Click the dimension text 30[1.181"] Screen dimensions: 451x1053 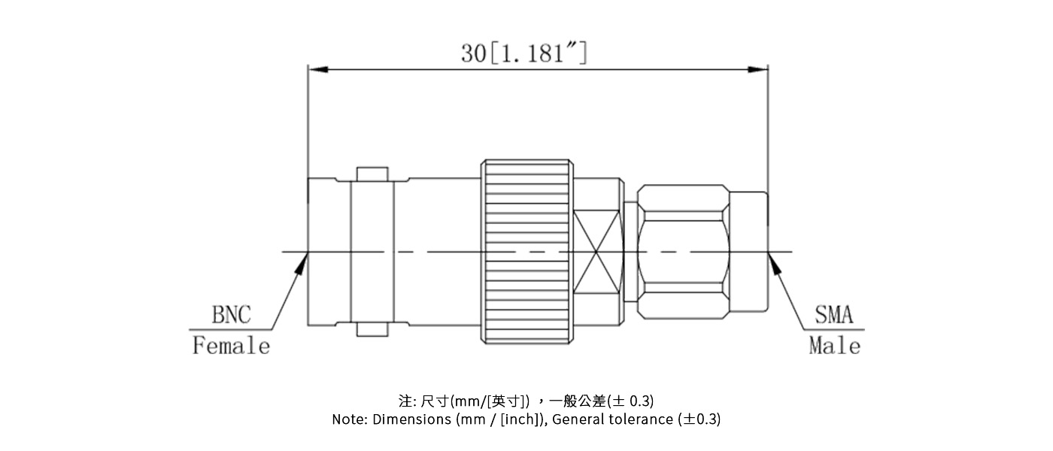tap(524, 53)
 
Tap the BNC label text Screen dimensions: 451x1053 tap(231, 315)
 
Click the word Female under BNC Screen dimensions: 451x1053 tap(231, 346)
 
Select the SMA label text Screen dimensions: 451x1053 tap(834, 315)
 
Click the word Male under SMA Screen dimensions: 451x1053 tap(834, 346)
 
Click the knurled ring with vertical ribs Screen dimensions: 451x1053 tap(526, 252)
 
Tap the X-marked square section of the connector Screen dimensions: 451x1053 tap(598, 252)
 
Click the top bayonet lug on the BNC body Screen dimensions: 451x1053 tap(372, 174)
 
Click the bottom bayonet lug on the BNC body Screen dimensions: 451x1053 tap(372, 329)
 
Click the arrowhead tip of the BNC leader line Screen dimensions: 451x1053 tap(307, 254)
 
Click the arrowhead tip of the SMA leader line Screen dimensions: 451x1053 tap(769, 254)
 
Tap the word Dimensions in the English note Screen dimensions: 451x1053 tap(412, 419)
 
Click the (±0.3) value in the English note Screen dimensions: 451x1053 tap(699, 419)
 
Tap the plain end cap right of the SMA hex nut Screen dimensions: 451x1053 tap(749, 252)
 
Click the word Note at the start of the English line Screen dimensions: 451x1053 tap(348, 419)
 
